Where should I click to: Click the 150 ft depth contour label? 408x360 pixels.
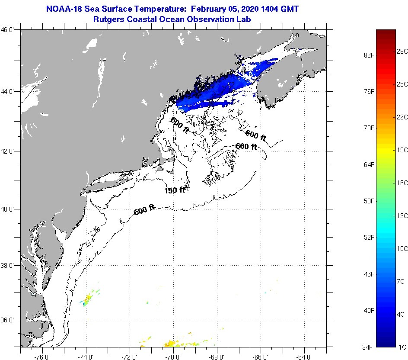coord(175,190)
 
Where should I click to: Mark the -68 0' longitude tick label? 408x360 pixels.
coord(217,357)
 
